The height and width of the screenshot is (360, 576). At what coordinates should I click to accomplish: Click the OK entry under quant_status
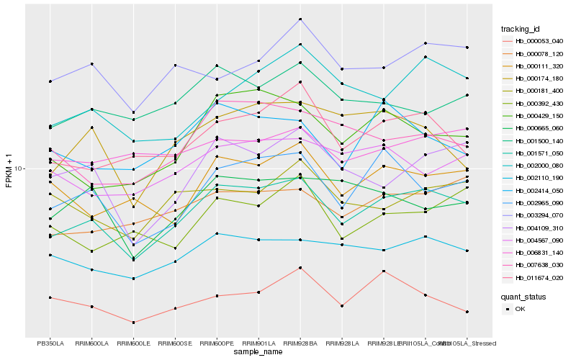[520, 309]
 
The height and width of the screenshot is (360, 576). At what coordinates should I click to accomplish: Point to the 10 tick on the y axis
[19, 168]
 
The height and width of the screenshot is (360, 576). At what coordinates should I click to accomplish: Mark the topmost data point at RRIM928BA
[300, 19]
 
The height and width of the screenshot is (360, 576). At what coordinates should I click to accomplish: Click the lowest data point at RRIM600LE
[134, 323]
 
